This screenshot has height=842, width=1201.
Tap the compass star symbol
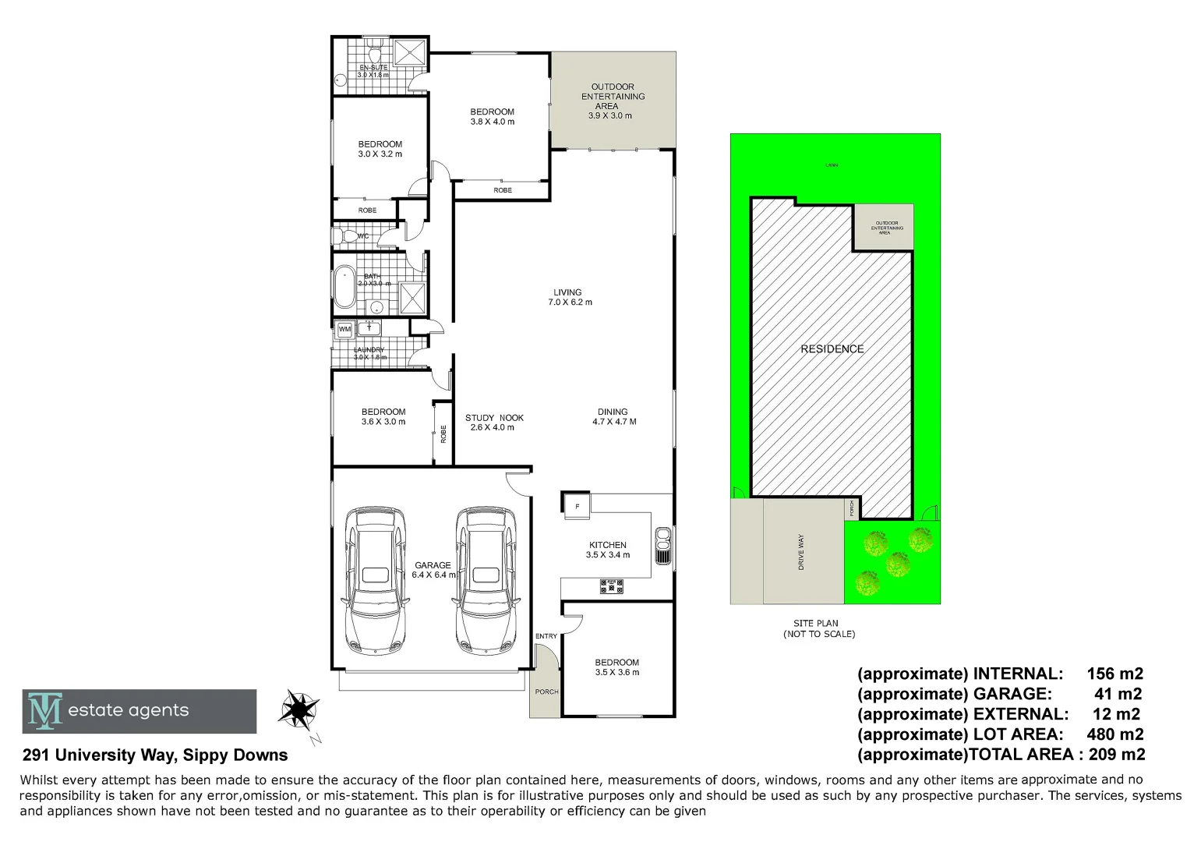point(298,709)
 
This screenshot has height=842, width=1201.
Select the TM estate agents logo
point(140,711)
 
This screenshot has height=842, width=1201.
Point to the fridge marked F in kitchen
point(577,505)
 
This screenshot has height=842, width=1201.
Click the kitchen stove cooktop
point(611,586)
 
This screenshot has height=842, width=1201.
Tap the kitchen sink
point(663,545)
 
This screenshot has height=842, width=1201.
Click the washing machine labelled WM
point(344,330)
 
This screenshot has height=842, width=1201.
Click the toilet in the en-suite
point(375,55)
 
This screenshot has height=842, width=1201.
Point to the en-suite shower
point(409,52)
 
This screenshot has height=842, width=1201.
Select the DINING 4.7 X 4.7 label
point(613,416)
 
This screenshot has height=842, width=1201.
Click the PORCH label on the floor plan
point(546,692)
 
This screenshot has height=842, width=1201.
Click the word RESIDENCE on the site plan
point(832,349)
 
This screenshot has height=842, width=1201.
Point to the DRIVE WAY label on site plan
point(800,552)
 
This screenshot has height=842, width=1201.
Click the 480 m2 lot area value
point(1114,734)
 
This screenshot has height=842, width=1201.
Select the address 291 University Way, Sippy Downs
point(155,755)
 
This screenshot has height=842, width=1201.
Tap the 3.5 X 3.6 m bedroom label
point(616,667)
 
